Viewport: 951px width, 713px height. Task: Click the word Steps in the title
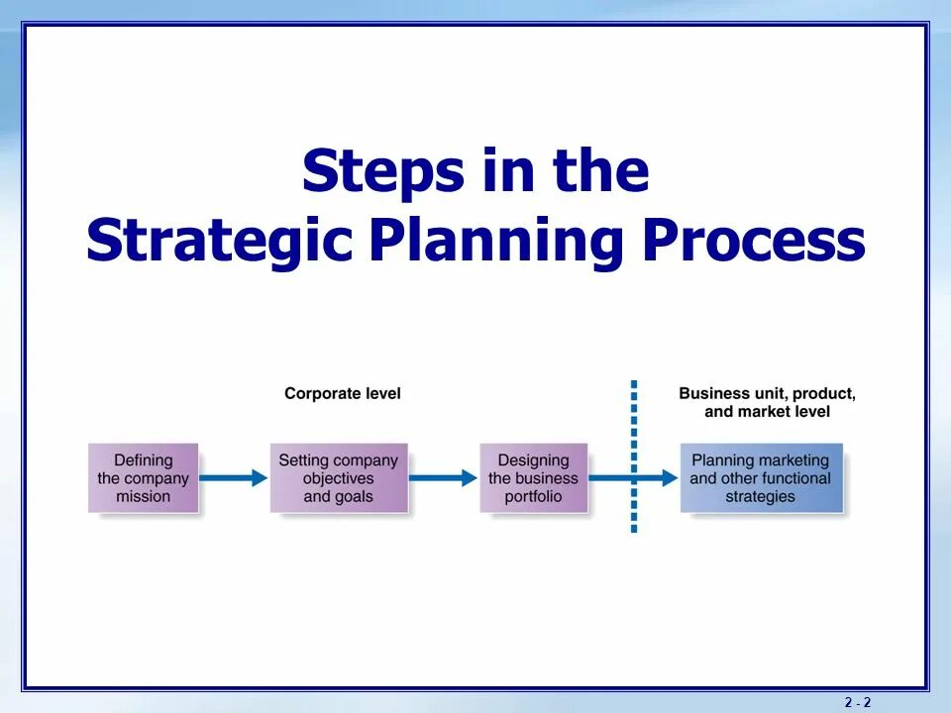click(x=382, y=171)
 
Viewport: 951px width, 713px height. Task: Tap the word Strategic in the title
click(x=219, y=242)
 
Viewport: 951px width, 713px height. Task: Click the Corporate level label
click(x=343, y=393)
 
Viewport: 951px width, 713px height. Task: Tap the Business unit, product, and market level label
click(x=767, y=402)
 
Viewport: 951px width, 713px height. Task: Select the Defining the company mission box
click(x=144, y=478)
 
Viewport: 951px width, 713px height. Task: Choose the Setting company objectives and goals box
click(x=339, y=478)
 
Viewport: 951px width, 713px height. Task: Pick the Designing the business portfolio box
click(x=533, y=478)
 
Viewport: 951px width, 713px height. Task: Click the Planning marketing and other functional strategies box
click(x=761, y=478)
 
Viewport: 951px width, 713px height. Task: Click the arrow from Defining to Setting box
click(x=234, y=478)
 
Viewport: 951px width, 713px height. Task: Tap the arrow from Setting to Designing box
click(x=443, y=478)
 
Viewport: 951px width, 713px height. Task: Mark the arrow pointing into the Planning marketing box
click(x=654, y=478)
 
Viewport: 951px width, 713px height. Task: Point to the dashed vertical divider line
click(x=634, y=416)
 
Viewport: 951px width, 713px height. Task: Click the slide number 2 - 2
click(x=858, y=702)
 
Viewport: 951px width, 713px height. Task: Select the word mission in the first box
click(x=144, y=497)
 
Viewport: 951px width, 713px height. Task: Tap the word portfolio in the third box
click(x=533, y=497)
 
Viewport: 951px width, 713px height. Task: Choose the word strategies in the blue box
click(x=761, y=497)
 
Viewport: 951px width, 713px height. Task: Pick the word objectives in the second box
click(x=339, y=478)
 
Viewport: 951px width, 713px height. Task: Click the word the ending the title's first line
click(x=601, y=171)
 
